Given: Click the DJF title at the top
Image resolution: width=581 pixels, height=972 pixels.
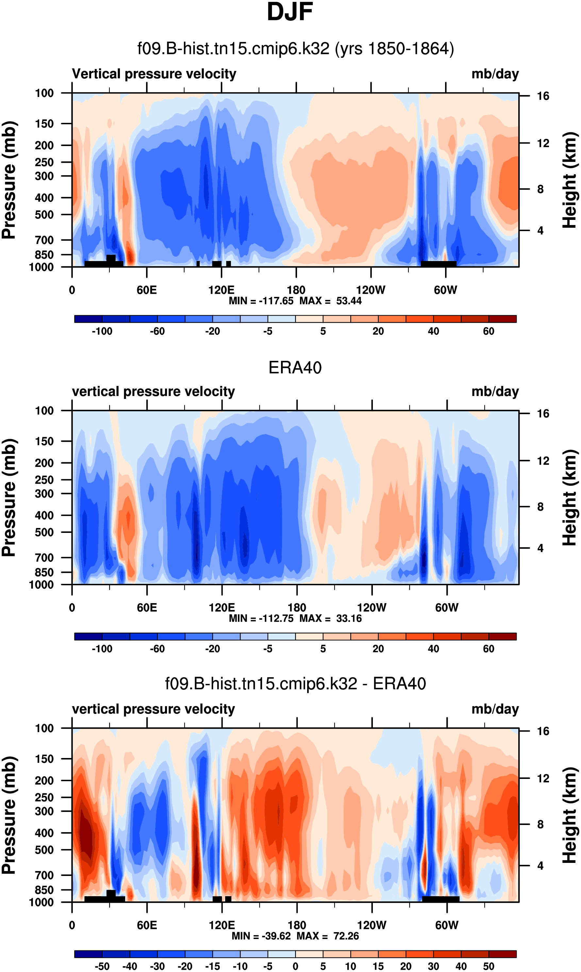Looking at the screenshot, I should [290, 12].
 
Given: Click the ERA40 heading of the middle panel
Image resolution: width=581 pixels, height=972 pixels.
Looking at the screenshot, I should [295, 368].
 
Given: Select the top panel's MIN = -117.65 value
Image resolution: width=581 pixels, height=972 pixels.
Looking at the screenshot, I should [261, 301].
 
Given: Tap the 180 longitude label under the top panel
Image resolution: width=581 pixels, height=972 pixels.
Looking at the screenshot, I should [296, 290].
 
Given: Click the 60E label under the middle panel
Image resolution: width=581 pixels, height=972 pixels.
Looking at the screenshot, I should [147, 608].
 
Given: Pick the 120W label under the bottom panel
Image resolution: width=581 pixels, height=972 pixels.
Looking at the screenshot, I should [372, 925].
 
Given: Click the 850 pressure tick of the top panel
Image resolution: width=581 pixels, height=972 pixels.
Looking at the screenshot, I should [44, 255].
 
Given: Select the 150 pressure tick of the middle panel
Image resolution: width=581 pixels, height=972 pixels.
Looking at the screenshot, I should [44, 441].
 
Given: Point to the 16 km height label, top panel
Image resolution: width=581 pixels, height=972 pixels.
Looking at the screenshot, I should [543, 96].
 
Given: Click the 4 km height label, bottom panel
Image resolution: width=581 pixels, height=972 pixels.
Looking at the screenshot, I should [540, 866].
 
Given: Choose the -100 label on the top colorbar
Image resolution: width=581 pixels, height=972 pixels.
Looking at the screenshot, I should [102, 331].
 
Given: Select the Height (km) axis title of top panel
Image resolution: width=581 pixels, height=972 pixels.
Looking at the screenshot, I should [570, 180].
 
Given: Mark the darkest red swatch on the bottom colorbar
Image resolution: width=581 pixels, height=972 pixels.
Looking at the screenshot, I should [502, 954].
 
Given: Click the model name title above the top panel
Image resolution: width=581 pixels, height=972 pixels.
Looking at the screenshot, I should [295, 49].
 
